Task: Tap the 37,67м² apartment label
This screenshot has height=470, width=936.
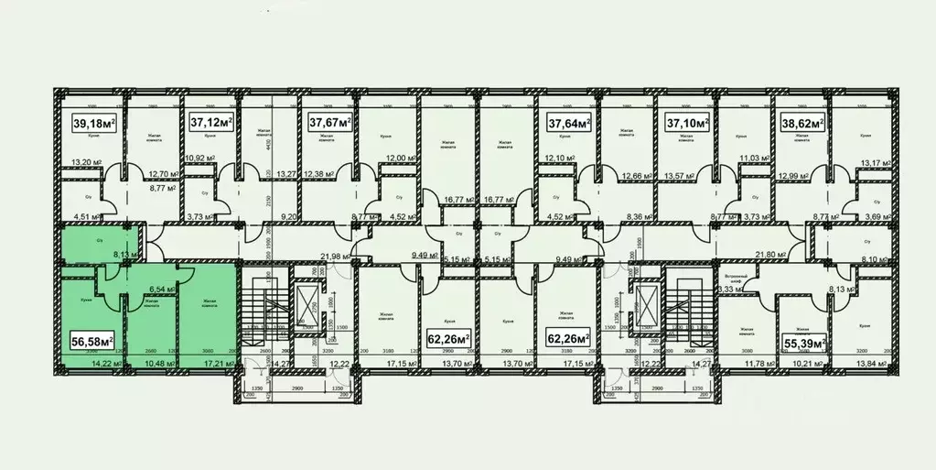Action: click(330, 122)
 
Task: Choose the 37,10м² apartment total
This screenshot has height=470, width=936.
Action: click(686, 122)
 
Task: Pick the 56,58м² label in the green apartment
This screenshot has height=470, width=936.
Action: click(91, 342)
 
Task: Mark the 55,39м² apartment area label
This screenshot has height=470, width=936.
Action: click(804, 344)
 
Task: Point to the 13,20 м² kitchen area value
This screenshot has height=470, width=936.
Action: click(82, 166)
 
